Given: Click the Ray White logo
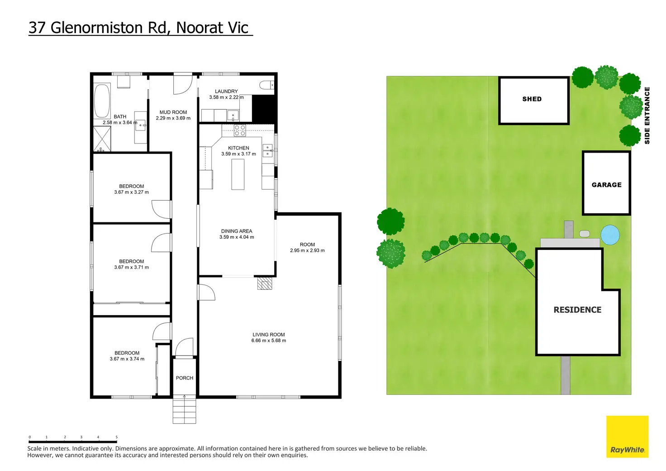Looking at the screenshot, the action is (x=627, y=437).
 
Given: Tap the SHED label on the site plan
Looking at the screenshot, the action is (x=532, y=99).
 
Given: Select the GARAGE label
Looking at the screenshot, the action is (x=606, y=185).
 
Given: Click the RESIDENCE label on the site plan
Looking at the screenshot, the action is (x=577, y=310).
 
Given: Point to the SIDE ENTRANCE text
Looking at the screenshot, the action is (x=647, y=115).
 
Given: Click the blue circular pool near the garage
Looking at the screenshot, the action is (x=610, y=234).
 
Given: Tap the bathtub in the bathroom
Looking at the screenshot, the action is (x=102, y=101).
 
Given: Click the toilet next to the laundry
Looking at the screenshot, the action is (x=266, y=85).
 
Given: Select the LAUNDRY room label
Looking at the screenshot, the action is (x=226, y=91).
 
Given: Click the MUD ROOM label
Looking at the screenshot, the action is (x=173, y=112).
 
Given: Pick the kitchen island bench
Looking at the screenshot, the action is (x=238, y=174).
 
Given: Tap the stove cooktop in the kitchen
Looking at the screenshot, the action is (x=240, y=131).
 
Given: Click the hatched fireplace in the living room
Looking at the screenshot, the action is (x=265, y=284).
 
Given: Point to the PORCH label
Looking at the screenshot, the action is (x=185, y=378).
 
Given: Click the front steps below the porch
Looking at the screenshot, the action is (x=185, y=410).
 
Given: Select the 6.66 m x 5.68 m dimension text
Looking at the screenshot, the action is (x=269, y=341).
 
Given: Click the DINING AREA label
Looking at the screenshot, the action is (x=237, y=231).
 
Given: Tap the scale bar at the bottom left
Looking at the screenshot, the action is (x=73, y=440).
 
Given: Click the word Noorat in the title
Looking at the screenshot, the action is (x=199, y=28).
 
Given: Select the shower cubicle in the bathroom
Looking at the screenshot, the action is (x=102, y=139).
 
